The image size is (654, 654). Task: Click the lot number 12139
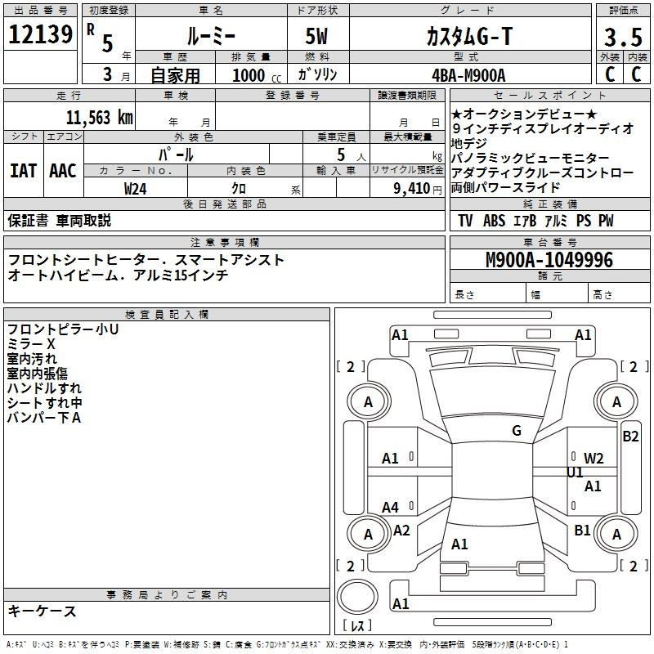39,37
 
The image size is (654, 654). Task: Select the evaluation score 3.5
623,38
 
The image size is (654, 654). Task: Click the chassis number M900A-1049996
549,260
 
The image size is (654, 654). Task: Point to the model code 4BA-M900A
468,74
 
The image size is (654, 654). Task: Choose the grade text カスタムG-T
468,37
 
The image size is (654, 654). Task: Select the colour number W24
135,188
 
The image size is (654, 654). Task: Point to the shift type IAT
23,171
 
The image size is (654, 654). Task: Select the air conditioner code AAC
62,171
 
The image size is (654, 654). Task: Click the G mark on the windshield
516,431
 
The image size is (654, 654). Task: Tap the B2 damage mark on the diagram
630,437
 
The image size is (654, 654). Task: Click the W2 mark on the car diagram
594,458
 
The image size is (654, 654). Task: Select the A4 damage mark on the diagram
390,508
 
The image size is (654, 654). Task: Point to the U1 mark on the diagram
575,473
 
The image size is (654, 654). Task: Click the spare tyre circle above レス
358,596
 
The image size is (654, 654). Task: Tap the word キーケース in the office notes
42,611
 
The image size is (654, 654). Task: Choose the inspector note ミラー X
31,344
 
